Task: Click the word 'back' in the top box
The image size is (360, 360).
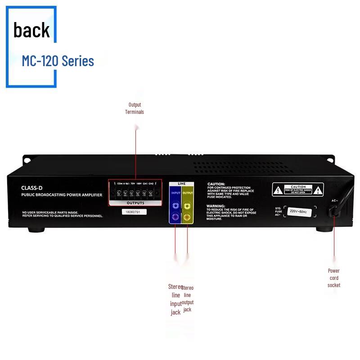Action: point(31,30)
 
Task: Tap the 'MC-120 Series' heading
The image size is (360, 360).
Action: point(58,61)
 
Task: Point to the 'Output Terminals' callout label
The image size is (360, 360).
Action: point(135,108)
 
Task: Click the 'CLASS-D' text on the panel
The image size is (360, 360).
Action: point(32,188)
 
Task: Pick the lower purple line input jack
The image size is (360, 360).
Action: point(175,216)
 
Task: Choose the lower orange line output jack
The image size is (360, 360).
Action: point(187,216)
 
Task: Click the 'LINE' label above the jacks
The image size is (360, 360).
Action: point(181,184)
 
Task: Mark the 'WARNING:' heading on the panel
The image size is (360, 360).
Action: point(216,206)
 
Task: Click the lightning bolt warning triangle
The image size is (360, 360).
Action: point(279,190)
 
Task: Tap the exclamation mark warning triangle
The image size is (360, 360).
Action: point(319,190)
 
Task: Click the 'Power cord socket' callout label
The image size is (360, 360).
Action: point(334,278)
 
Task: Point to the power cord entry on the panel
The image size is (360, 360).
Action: point(333,210)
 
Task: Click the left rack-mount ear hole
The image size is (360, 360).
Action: point(27,160)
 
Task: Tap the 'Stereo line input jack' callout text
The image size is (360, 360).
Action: point(175,299)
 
